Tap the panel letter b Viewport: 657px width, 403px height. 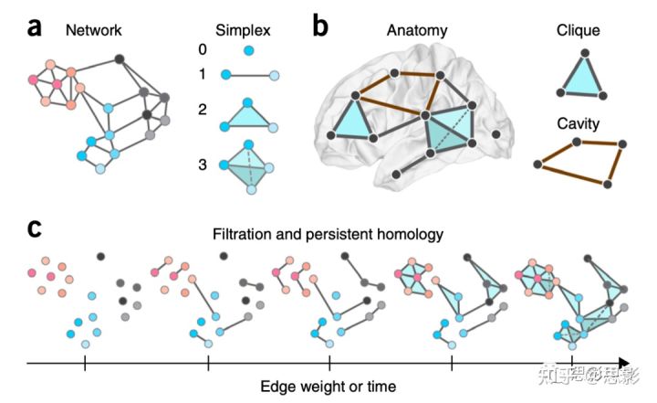point(320,27)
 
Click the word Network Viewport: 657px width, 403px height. point(93,30)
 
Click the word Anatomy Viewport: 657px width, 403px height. point(418,30)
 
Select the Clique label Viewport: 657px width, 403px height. point(579,30)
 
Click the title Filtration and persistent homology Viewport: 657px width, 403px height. point(328,234)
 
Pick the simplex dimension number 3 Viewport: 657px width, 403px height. point(203,166)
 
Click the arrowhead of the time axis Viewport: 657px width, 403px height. point(622,364)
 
